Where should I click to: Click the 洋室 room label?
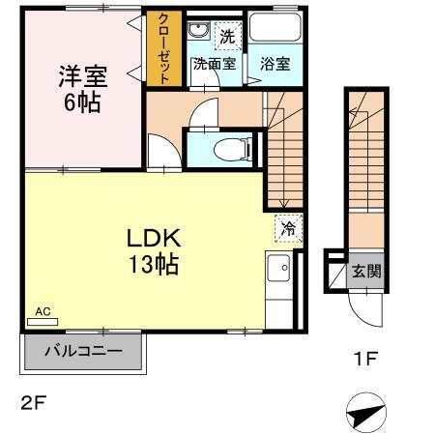coord(83,76)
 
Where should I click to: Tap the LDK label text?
coord(154,239)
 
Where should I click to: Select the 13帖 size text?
coord(154,264)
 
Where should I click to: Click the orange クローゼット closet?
coord(163,48)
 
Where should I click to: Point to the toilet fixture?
coord(233,149)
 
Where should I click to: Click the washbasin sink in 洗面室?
coord(198,31)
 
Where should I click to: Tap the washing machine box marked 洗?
coord(228,36)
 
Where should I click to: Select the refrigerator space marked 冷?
coord(288,228)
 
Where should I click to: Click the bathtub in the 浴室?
coord(275,27)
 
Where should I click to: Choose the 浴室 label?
coord(275,64)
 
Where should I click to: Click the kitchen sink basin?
coord(278,268)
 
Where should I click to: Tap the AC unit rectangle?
coord(43,322)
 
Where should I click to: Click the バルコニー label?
coord(83,351)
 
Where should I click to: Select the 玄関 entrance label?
coord(366,271)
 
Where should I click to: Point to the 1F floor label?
coord(365,359)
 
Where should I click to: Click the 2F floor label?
coord(34,403)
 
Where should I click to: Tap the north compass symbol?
coord(366,413)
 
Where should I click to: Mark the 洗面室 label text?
coord(215,64)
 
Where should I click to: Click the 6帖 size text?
coord(82,102)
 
